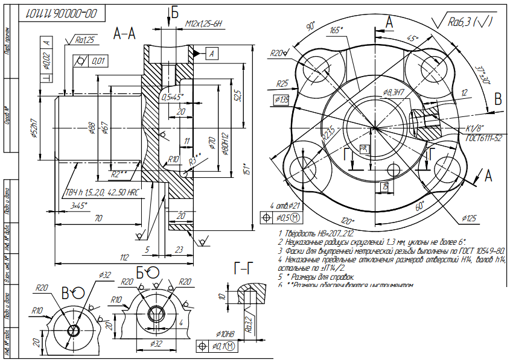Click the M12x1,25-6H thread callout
[204, 24]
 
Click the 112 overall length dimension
[124, 257]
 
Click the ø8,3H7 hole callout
[393, 92]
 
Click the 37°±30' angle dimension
[482, 75]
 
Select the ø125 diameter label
[471, 217]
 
